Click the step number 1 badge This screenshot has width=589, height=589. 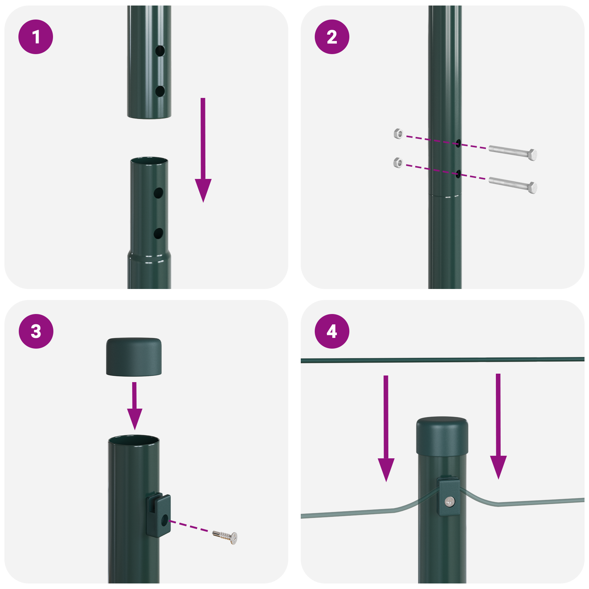(36, 37)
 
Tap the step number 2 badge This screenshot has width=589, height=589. (332, 37)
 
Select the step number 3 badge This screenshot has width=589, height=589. (36, 331)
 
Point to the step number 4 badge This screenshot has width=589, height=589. (332, 331)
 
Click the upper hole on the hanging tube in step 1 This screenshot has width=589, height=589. (160, 51)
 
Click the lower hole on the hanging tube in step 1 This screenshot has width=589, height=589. (160, 91)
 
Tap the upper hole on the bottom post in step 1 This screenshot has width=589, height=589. (158, 193)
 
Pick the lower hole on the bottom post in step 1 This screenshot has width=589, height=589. (158, 233)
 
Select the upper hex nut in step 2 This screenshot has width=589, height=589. (398, 133)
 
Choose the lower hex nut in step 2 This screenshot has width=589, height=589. (398, 162)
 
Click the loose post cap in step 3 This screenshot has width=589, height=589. (134, 357)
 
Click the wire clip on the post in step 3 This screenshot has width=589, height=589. (159, 515)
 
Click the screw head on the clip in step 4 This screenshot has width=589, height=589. (450, 501)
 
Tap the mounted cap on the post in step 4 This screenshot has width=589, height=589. (442, 437)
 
